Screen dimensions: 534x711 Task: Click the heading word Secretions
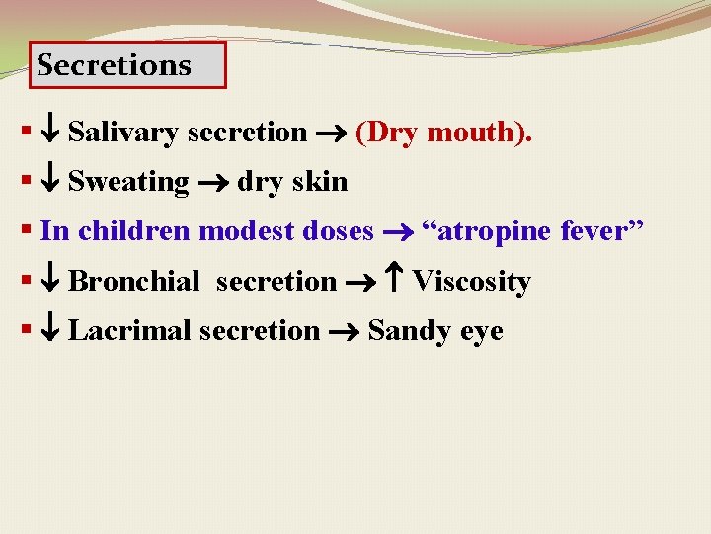coord(114,65)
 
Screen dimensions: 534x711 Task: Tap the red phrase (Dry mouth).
coord(443,132)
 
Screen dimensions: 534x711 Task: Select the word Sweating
coord(128,182)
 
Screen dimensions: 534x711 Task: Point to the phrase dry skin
coord(292,182)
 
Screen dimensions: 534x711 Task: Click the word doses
coord(339,231)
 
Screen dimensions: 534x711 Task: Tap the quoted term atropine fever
coord(532,231)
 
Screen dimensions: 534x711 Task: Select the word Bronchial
coord(133,282)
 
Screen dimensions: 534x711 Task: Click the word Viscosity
coord(471,282)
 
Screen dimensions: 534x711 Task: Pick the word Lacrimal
coord(130,331)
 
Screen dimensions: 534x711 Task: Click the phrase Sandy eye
coord(434,331)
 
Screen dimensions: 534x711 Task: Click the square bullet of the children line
coord(25,230)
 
